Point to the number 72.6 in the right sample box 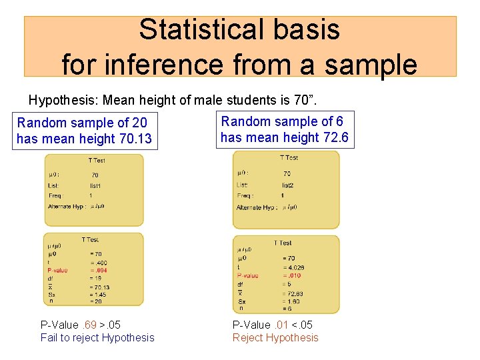coord(335,137)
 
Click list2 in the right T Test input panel coord(288,185)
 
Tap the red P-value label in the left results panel coord(57,271)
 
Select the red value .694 coord(99,271)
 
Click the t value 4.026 coord(294,267)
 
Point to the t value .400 coord(99,263)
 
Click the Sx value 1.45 coord(99,294)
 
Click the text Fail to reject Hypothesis coord(97,337)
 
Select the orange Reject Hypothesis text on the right coord(275,337)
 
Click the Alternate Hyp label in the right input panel coord(255,207)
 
